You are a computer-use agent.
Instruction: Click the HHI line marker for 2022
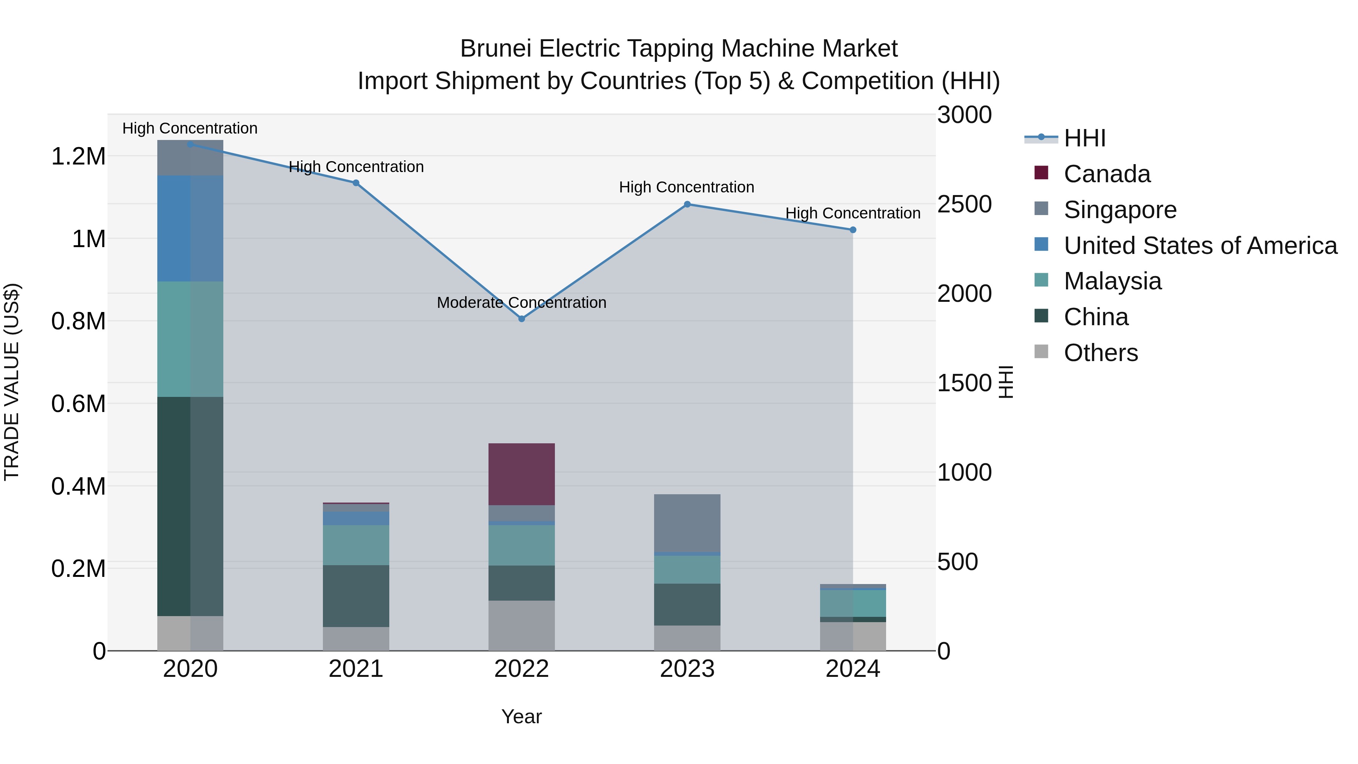tap(521, 319)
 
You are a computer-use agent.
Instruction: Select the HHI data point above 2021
tap(356, 183)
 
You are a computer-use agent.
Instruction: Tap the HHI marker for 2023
tap(687, 204)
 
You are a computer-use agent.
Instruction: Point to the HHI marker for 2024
tap(853, 230)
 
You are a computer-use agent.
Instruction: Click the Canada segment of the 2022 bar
tap(521, 474)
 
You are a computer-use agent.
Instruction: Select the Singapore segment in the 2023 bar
tap(687, 523)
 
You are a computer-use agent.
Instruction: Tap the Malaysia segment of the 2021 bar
tap(356, 545)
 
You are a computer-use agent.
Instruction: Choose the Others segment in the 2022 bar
tap(521, 625)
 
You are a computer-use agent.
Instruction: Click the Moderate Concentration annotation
tap(521, 303)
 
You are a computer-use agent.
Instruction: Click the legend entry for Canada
tap(1106, 174)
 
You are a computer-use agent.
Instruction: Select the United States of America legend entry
tap(1200, 246)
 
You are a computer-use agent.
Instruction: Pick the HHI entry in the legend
tap(1084, 138)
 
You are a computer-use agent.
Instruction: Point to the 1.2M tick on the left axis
tap(78, 157)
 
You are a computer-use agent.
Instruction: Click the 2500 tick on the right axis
tap(964, 204)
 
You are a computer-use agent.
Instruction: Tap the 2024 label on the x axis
tap(853, 669)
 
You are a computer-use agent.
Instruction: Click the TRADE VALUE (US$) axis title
tap(12, 382)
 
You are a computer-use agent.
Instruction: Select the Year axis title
tap(521, 716)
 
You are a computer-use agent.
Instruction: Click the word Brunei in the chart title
tap(496, 49)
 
